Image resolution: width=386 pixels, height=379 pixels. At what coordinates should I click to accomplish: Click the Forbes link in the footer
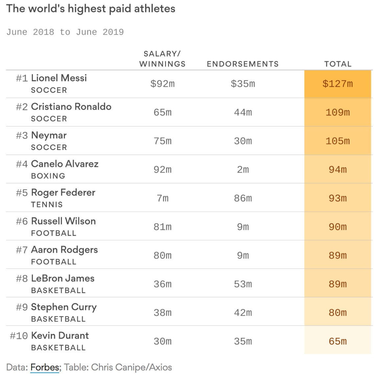pos(45,367)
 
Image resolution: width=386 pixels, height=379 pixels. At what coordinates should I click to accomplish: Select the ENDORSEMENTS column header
pos(243,64)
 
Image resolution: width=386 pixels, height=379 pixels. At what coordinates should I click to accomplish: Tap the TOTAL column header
pos(338,64)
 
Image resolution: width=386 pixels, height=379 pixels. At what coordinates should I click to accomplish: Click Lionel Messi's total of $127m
pos(338,84)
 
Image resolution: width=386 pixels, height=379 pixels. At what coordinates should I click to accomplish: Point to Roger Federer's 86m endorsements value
pos(243,198)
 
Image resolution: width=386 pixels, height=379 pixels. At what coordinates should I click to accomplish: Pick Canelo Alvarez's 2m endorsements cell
pos(243,170)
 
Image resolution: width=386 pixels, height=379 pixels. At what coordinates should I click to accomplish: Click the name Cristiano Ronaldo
pos(71,107)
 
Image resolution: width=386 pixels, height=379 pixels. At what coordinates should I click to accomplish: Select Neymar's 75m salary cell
pos(162,141)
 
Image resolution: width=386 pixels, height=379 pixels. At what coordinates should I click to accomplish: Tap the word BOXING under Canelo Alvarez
pos(48,176)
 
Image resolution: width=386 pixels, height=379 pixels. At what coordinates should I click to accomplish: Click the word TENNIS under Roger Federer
pos(47,205)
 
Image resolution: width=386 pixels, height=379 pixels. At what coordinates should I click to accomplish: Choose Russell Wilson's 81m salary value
pos(162,227)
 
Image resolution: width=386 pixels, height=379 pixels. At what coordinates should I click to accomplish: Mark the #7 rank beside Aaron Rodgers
pos(22,250)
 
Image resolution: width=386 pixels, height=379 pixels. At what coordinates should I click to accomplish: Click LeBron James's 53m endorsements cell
pos(243,284)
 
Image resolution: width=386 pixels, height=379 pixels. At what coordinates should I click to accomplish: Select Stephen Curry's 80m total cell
pos(338,313)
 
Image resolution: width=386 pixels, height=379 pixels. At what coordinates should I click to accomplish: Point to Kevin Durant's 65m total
pos(338,341)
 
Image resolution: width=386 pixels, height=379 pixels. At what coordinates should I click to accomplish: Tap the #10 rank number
pos(19,336)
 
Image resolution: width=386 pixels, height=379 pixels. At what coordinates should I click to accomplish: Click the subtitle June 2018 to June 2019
pos(65,32)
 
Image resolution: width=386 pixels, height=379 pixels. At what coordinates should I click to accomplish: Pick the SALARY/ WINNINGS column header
pos(162,59)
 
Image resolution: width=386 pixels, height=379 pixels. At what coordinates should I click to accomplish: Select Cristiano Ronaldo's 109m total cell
pos(338,113)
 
